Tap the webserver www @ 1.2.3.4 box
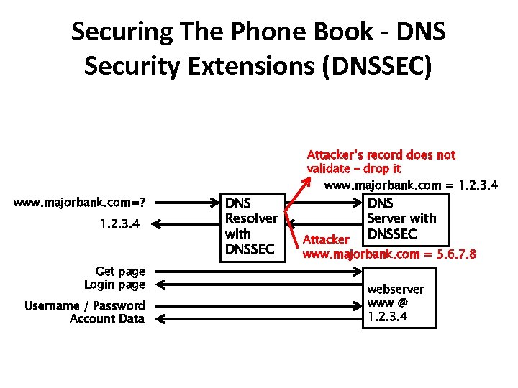coord(399,297)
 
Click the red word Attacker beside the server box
coord(326,239)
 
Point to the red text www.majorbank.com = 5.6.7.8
coord(389,254)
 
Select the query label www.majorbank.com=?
coord(85,202)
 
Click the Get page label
coord(120,272)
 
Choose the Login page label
coord(114,285)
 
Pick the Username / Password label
coord(85,306)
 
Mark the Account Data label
coord(107,319)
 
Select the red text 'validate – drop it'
coord(353,169)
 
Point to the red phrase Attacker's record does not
coord(381,155)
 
